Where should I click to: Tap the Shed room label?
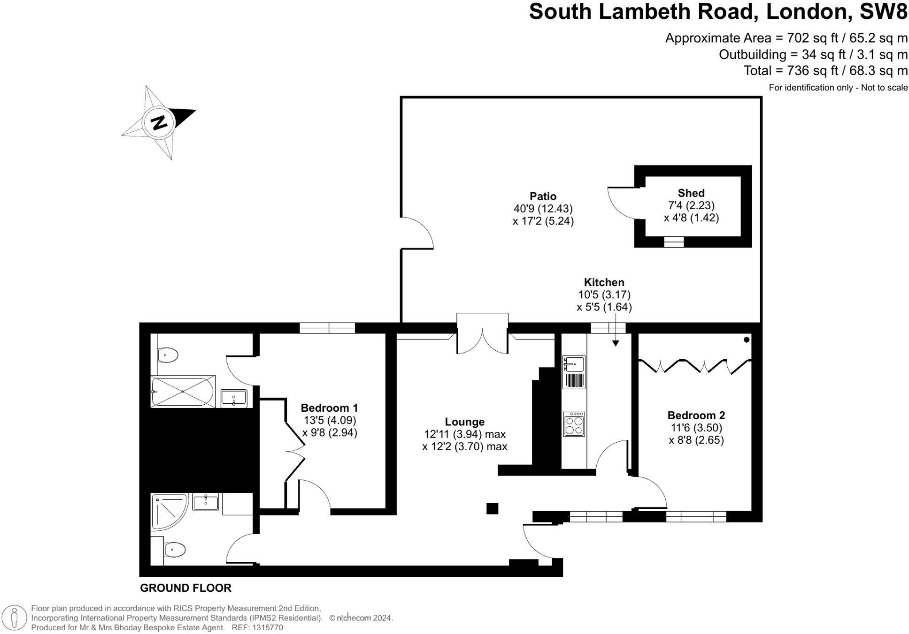point(691,193)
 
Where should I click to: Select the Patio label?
point(543,196)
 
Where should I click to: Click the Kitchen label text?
point(604,282)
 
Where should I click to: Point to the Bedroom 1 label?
point(329,408)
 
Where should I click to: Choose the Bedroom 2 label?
point(696,415)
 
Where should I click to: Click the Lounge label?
point(464,422)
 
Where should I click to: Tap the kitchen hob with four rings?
point(574,424)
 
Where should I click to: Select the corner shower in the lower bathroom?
point(168,510)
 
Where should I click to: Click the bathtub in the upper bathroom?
point(183,392)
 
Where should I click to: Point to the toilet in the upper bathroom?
point(167,355)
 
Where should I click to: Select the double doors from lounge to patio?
point(482,340)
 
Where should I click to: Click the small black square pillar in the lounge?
point(492,508)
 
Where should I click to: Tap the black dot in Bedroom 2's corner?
point(747,340)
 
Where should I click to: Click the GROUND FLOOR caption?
point(185,588)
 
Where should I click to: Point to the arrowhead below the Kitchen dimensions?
point(615,343)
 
